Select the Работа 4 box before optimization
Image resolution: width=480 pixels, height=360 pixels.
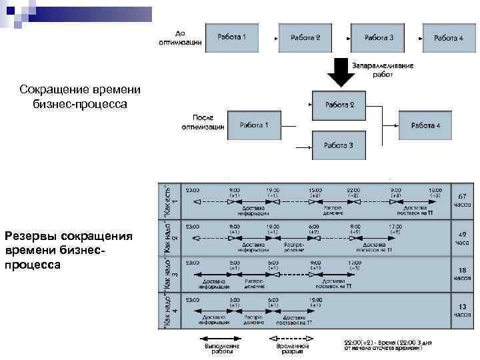click(x=448, y=38)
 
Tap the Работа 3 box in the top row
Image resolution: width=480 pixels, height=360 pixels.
click(x=378, y=38)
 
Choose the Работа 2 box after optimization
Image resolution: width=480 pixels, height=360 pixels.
click(x=339, y=105)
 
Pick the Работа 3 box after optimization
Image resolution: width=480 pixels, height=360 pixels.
click(x=339, y=145)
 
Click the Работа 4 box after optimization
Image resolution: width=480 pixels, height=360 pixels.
click(x=425, y=125)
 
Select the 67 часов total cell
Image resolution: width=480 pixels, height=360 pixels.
click(x=462, y=200)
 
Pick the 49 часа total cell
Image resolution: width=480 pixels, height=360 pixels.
click(x=462, y=238)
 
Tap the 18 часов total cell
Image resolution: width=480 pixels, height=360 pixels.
click(x=462, y=275)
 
